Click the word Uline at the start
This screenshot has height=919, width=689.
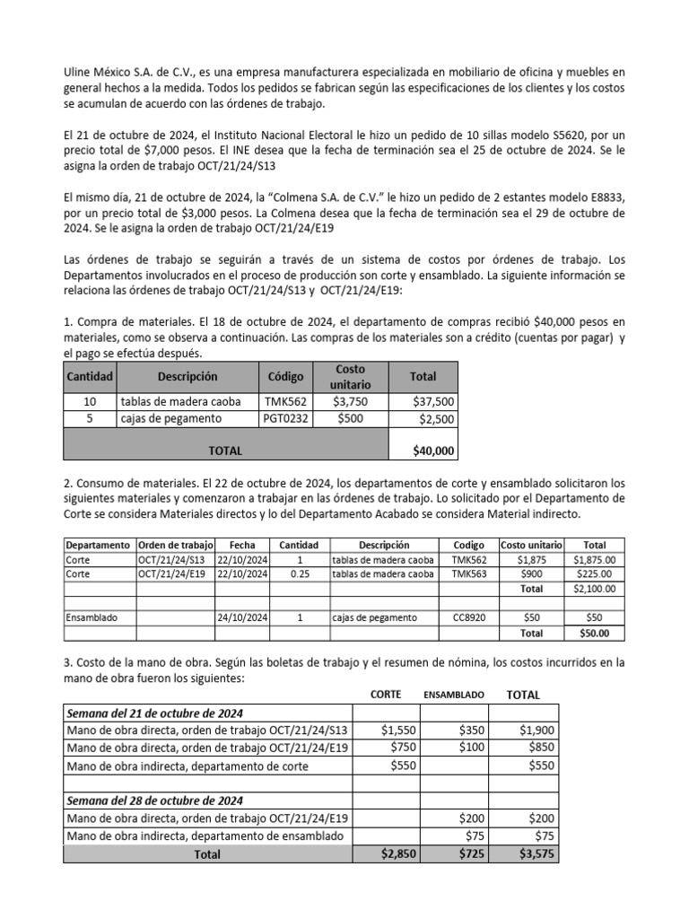tap(78, 71)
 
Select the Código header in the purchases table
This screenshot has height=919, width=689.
tap(285, 377)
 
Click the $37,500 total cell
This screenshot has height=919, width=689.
tap(432, 401)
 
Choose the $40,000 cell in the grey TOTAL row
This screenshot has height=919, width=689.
tap(432, 451)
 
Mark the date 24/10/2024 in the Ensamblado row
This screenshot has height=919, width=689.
tap(241, 617)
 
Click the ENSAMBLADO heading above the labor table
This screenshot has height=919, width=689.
tap(454, 695)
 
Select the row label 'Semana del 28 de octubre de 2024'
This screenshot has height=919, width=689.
tap(154, 800)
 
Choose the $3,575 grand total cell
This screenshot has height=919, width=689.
tap(536, 854)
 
